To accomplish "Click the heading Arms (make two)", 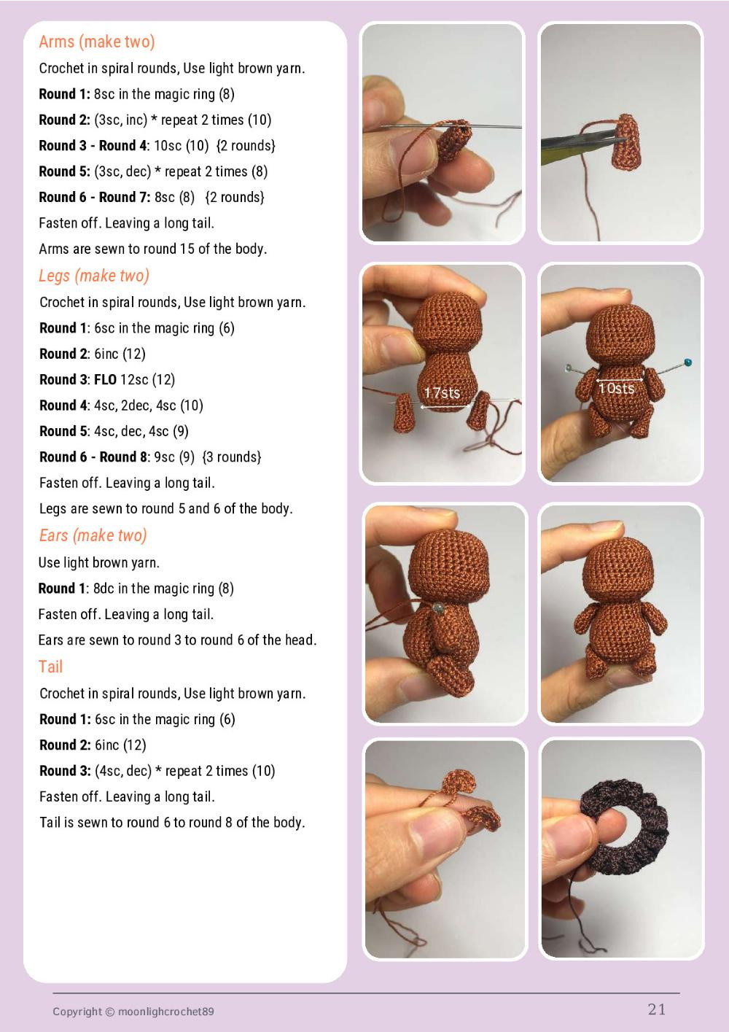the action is (97, 42).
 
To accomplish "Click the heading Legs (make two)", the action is (94, 276).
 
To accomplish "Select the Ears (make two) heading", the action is (93, 536).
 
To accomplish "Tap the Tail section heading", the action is (50, 667).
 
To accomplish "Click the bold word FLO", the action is (105, 380).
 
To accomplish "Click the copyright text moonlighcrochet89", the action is (165, 1012).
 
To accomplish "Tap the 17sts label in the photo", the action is (442, 393).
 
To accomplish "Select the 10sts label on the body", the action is (617, 389).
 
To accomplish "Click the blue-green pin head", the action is (688, 362).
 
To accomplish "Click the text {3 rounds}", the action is (232, 457).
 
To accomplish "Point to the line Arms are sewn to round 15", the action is (153, 249).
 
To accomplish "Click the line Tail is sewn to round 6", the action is (172, 823).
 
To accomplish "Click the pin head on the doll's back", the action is (438, 608).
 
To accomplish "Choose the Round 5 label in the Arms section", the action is (64, 172).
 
